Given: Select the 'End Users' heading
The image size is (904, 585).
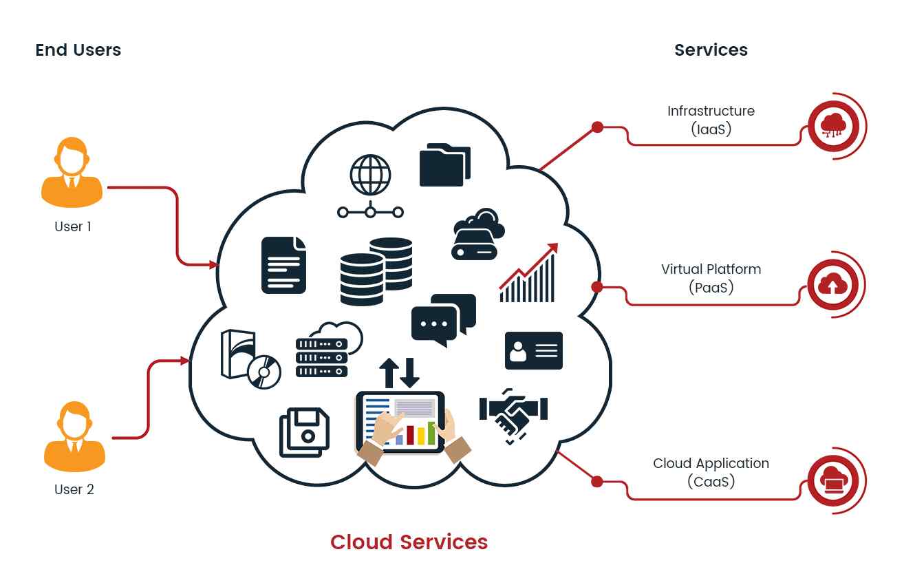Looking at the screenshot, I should click(78, 50).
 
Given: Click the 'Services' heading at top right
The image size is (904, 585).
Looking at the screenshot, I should click(711, 50).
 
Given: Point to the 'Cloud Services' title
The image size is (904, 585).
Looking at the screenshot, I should click(409, 542).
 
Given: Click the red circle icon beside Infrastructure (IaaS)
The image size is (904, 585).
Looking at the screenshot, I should click(833, 127).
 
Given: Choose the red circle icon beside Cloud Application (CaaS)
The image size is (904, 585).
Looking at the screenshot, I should click(833, 480).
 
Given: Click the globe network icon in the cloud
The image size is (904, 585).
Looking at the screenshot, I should click(370, 185).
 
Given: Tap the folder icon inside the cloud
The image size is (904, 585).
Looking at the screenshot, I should click(445, 164).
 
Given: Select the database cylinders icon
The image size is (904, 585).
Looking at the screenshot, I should click(376, 271).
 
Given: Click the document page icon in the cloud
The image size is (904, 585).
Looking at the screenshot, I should click(283, 265).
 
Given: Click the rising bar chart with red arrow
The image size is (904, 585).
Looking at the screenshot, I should click(528, 273).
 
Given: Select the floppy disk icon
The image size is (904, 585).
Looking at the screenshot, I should click(304, 432).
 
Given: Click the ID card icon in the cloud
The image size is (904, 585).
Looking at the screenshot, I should click(533, 350).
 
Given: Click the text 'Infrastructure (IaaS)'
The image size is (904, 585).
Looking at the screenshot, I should click(711, 119).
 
